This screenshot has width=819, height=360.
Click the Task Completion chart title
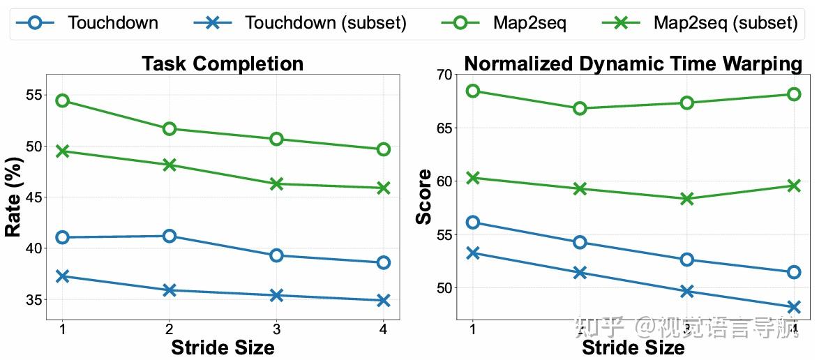pos(223,63)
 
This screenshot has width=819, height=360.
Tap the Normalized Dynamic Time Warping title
pos(633,63)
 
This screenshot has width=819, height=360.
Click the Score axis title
pos(423,197)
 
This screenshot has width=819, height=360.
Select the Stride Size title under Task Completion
pos(223,347)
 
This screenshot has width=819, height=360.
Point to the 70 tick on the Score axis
pos(443,74)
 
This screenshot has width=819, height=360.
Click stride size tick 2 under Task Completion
pos(169,329)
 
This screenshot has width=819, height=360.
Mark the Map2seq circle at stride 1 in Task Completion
pos(63,100)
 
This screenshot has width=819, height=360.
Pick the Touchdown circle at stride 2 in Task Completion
pos(169,236)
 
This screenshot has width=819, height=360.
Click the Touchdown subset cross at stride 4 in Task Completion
pos(383,301)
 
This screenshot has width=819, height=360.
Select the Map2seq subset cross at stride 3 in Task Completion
pos(276,183)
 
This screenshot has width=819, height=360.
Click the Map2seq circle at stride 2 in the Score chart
pos(580,108)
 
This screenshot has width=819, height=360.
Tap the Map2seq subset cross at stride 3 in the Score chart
pos(686,198)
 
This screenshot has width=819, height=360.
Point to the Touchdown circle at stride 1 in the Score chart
pos(473,222)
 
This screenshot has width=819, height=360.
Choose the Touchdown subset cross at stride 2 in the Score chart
pos(580,272)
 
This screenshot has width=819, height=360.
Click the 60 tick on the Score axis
pos(443,181)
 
